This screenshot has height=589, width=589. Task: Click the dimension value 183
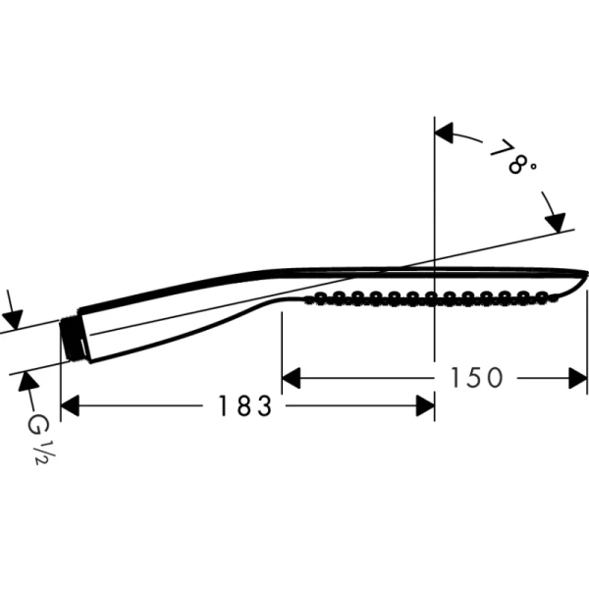click(242, 405)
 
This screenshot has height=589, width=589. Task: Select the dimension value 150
click(476, 377)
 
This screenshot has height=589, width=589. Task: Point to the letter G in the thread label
click(37, 424)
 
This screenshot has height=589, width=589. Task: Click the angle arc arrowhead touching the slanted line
click(556, 220)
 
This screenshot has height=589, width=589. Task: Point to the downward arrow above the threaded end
click(12, 319)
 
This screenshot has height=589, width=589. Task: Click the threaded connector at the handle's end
click(70, 339)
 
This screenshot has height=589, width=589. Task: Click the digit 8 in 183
click(242, 405)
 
